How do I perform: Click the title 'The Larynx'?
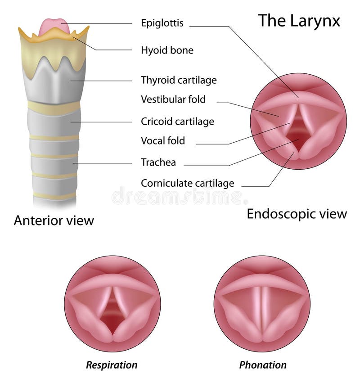coord(299,21)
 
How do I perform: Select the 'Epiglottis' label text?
coord(162,23)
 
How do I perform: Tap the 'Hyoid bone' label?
coord(167,50)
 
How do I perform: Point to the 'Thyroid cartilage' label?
coord(179,80)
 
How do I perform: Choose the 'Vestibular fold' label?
coord(173,99)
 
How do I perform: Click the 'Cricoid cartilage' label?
coord(177,122)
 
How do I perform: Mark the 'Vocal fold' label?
coord(162,140)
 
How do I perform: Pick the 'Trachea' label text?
coord(158,162)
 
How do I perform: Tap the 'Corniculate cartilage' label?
coord(187,183)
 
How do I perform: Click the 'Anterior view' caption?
coord(54,220)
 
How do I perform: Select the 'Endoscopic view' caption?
coord(297,214)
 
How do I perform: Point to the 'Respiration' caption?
coord(112,364)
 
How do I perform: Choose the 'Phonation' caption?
coord(263,364)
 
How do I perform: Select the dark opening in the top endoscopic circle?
coord(297,135)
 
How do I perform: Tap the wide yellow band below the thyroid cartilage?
coord(54,107)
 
